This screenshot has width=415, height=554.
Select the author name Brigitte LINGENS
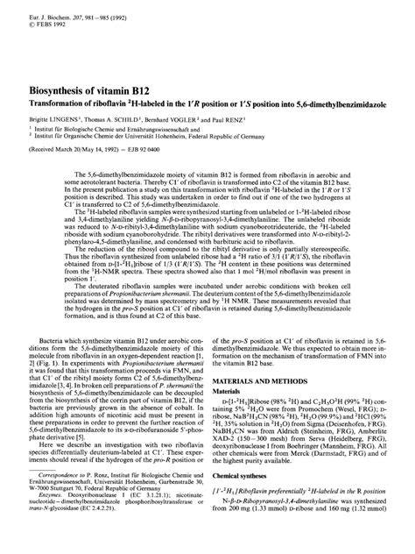tap(53, 115)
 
